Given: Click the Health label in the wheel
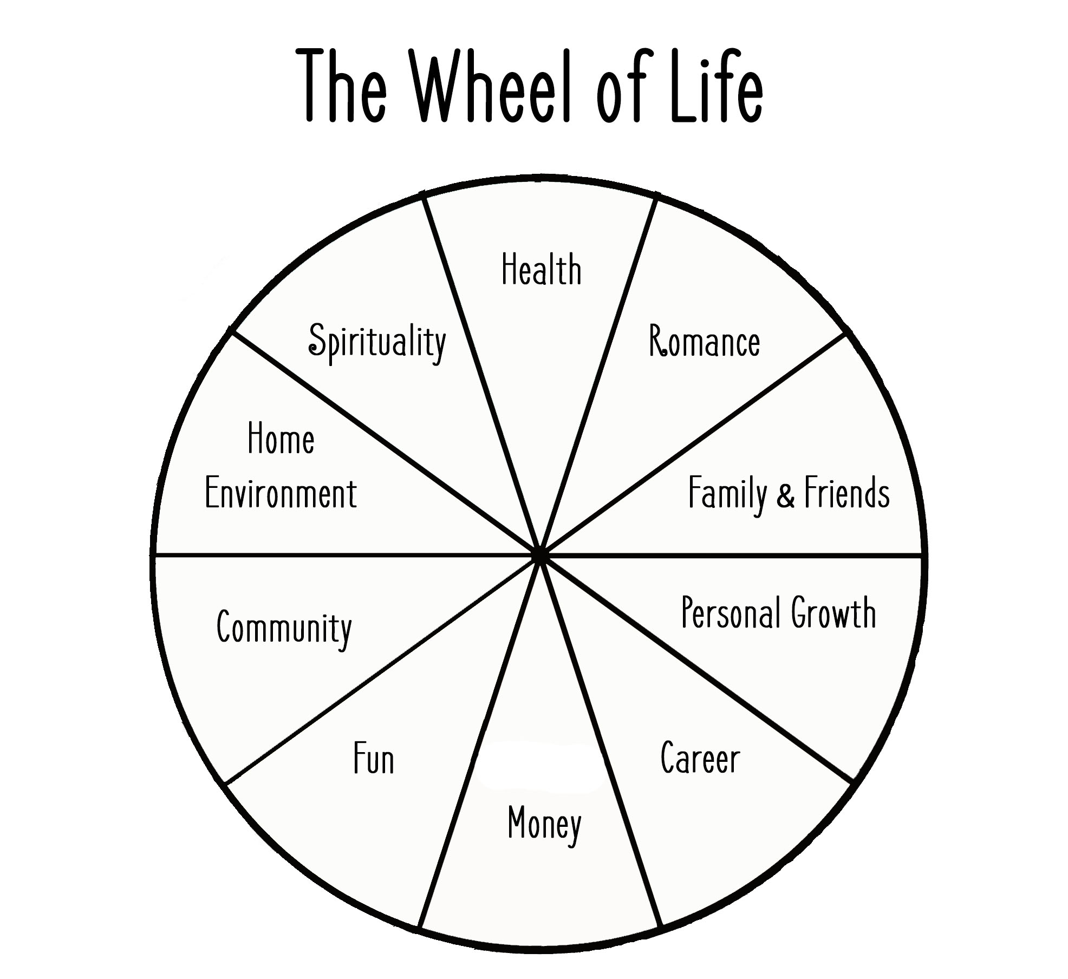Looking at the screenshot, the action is [x=541, y=269].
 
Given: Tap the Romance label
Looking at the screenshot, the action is [x=704, y=342].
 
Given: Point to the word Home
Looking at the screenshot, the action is [x=281, y=439].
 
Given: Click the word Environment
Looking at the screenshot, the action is [x=281, y=493].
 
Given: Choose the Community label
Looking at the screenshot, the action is [x=284, y=629].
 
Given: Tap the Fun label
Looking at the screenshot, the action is [x=373, y=759].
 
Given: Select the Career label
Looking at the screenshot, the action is [x=700, y=758].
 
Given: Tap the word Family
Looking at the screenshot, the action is [x=727, y=493].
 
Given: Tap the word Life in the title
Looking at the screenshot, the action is [x=716, y=87].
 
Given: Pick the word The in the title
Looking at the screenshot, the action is [x=345, y=87].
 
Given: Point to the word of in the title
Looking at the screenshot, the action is [x=623, y=87].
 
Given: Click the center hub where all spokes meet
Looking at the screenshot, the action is [x=539, y=554].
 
